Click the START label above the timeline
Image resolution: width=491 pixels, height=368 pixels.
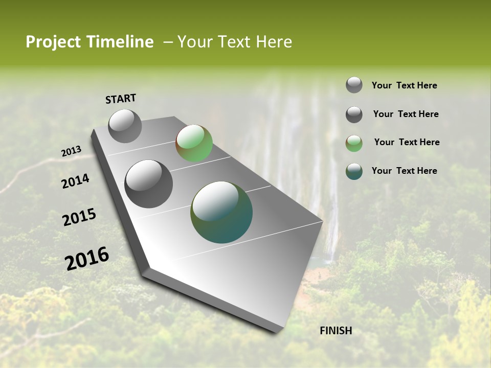pos(121,99)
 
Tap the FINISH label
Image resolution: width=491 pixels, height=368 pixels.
pos(336,331)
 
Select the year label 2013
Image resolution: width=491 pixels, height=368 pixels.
pos(71,151)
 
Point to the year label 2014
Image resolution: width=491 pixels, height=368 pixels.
pos(75,181)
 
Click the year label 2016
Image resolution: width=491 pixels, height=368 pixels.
pos(87,259)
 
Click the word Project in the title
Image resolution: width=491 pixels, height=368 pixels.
pos(53,42)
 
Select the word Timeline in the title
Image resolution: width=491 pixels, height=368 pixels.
pos(121,42)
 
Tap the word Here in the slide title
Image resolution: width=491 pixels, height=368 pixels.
pos(274,42)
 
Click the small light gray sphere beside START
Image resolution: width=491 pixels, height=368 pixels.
pos(125,126)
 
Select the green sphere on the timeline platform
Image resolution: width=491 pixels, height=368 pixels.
pos(194,143)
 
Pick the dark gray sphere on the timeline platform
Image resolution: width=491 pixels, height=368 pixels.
pos(148,183)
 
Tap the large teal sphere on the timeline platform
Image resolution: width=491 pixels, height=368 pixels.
pos(221,212)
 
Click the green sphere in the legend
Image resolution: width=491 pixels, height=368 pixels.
pos(354,143)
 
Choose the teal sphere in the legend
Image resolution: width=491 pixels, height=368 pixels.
pos(354,171)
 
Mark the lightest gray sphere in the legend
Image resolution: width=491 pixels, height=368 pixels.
pos(354,85)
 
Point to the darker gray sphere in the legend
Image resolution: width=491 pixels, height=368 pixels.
pos(354,114)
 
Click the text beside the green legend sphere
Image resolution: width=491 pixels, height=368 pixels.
pos(407,142)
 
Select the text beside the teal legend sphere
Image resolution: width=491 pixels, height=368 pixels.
pos(404,171)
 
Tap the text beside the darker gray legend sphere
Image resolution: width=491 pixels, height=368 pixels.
pos(406,114)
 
